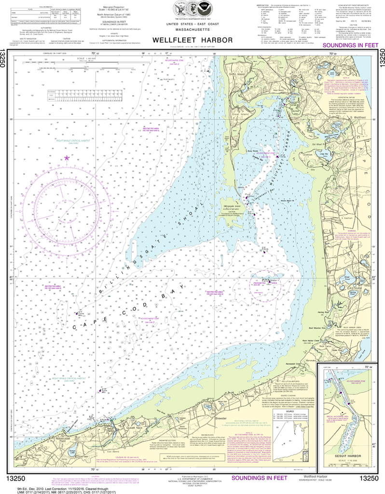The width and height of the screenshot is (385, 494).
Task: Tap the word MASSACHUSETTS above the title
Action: coord(192,30)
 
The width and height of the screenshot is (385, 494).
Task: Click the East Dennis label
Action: coord(102,421)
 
